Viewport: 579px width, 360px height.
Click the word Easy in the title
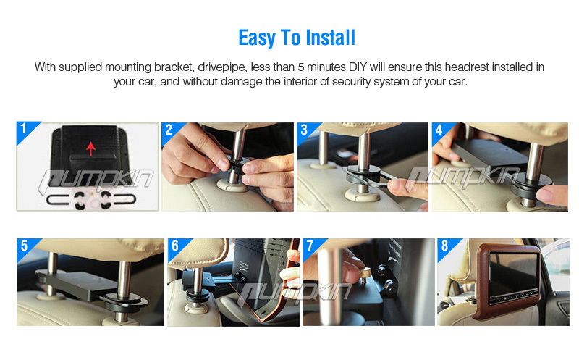(x=257, y=38)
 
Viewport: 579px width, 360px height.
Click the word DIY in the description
(x=358, y=67)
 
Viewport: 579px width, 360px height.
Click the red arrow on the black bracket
(x=91, y=148)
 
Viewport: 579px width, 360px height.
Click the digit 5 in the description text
(x=301, y=67)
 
